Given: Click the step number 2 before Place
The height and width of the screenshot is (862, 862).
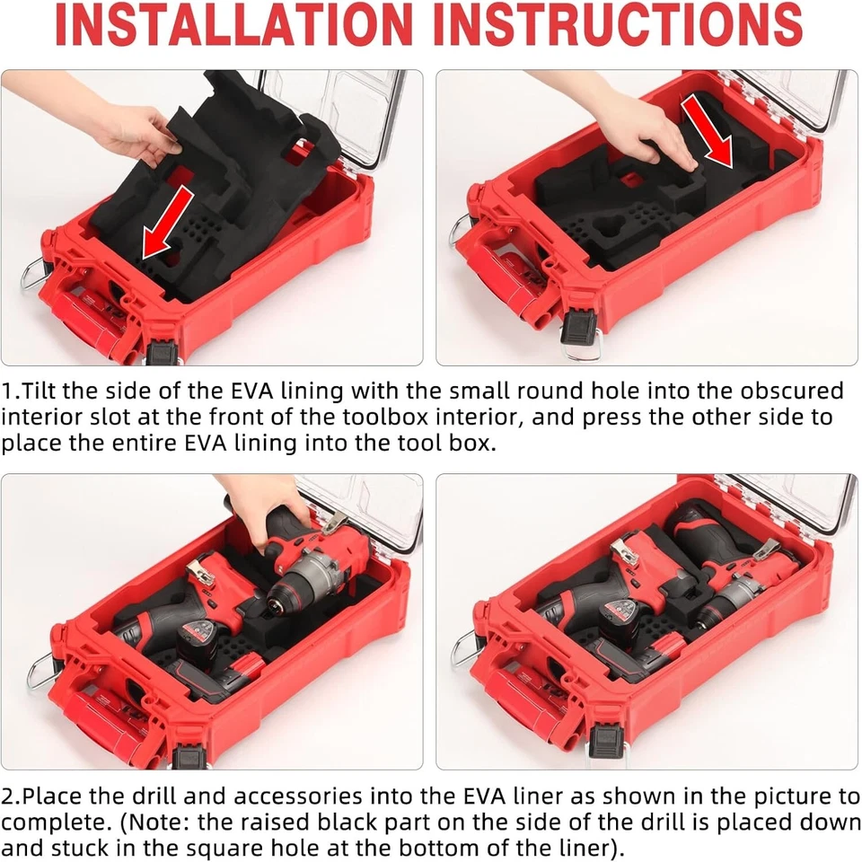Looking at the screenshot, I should (x=7, y=796).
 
